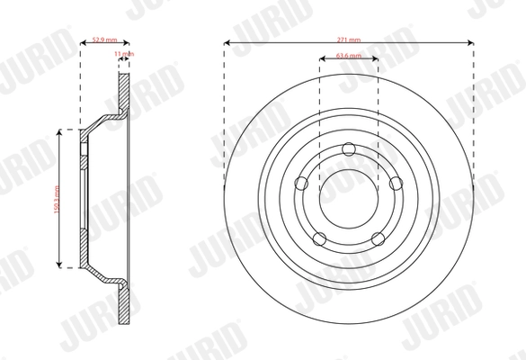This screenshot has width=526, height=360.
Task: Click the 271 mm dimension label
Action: click(348, 39)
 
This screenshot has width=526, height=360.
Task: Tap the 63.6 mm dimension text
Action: click(348, 57)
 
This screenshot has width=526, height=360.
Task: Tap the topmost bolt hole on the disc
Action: click(349, 150)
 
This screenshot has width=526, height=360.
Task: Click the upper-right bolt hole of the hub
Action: click(394, 183)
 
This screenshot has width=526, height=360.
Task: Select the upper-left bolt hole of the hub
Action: click(304, 183)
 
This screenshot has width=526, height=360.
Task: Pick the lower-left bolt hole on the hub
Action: click(321, 238)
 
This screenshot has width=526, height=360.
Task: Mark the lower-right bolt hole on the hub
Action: click(377, 238)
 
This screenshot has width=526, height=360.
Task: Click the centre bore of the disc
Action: click(349, 197)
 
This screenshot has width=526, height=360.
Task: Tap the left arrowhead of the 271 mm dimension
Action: click(226, 43)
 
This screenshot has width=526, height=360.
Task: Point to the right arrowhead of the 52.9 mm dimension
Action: click(128, 43)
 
